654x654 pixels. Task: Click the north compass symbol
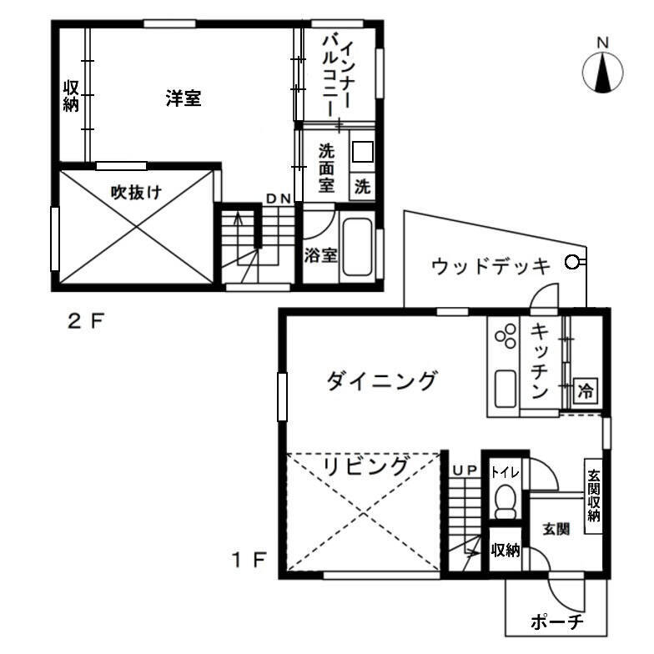click(x=602, y=73)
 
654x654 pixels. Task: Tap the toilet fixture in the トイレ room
click(x=506, y=501)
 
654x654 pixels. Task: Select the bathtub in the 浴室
click(x=357, y=247)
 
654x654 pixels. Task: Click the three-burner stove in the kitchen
click(x=506, y=336)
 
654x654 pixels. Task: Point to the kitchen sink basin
click(x=506, y=389)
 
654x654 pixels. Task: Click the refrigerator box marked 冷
click(x=586, y=390)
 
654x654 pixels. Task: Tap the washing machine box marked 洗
click(x=362, y=186)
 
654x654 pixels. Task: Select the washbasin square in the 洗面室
click(x=362, y=152)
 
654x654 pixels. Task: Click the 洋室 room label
click(x=184, y=98)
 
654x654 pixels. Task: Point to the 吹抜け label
click(x=136, y=192)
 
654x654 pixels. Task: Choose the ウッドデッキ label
click(x=490, y=266)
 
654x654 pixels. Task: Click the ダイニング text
click(x=381, y=380)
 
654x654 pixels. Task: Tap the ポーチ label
click(x=557, y=622)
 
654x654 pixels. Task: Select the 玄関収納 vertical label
click(x=593, y=496)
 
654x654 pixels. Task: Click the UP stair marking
click(x=465, y=470)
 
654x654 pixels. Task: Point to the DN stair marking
click(x=279, y=199)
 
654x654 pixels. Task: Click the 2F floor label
click(x=85, y=322)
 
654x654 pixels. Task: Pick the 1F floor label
click(x=249, y=560)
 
